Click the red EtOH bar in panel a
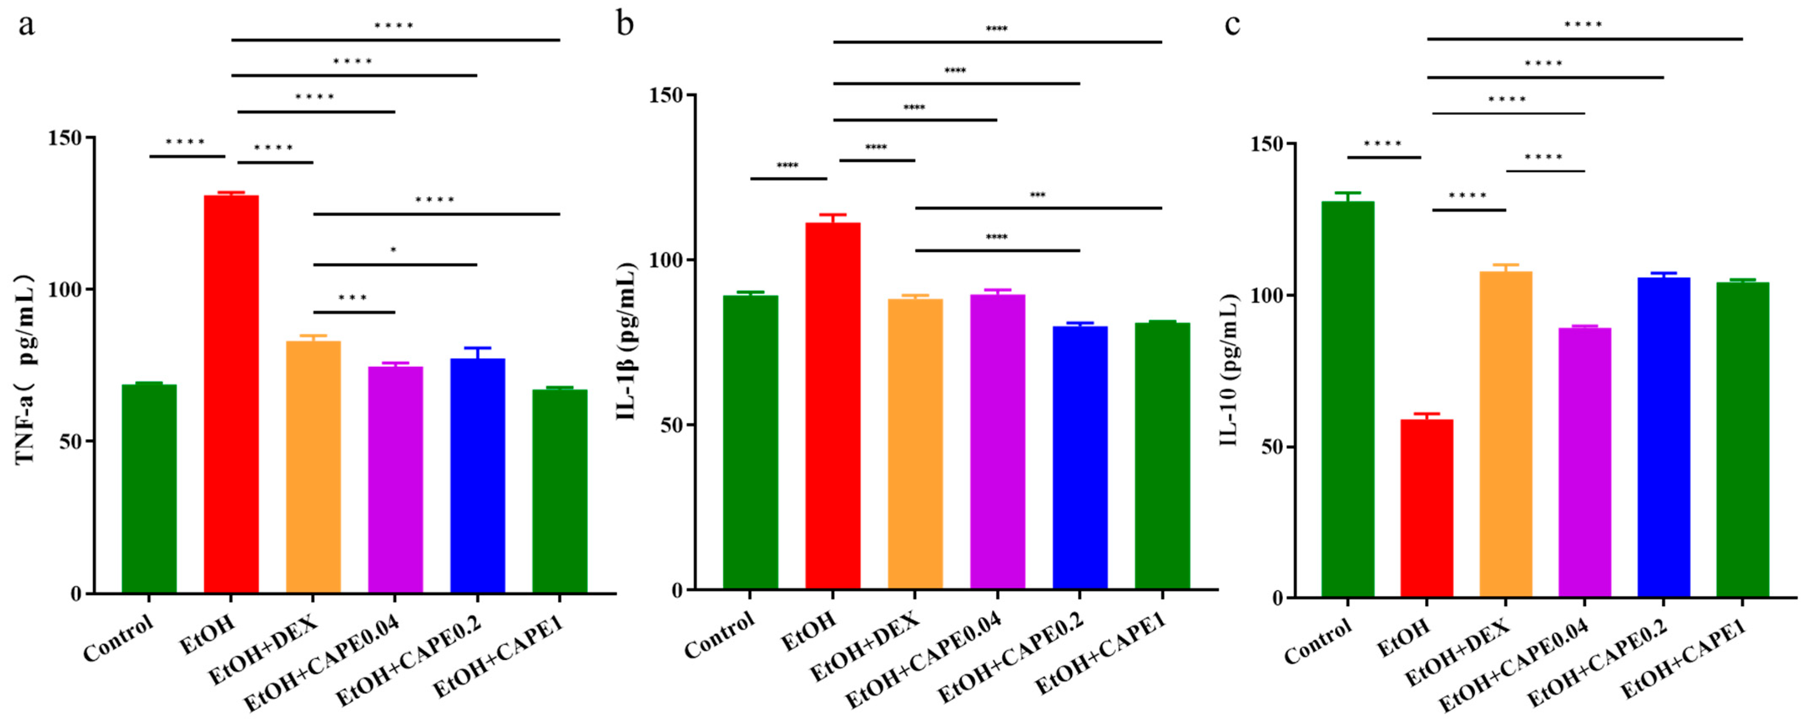pyautogui.click(x=231, y=394)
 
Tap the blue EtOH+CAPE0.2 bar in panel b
pyautogui.click(x=1080, y=457)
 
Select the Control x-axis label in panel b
pyautogui.click(x=719, y=636)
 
